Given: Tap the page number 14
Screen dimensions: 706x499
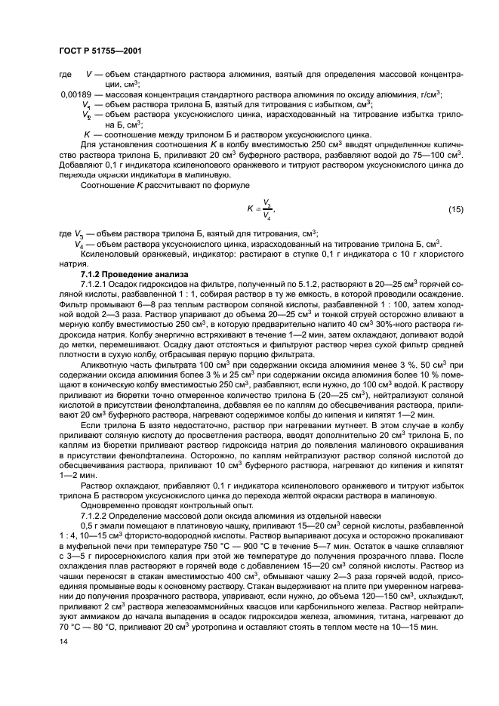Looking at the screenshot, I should tap(63, 643).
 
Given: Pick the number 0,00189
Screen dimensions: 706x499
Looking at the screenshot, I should tap(78, 94).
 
